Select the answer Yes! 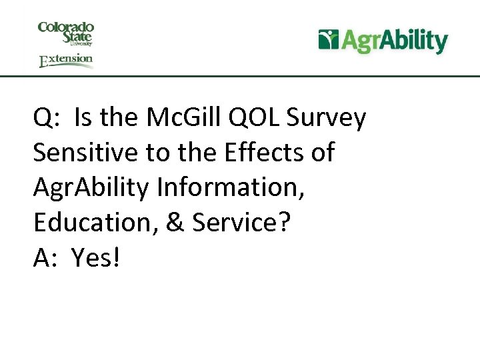coord(96,257)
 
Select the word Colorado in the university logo coord(66,27)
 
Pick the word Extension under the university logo coord(66,60)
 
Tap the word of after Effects coord(323,153)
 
